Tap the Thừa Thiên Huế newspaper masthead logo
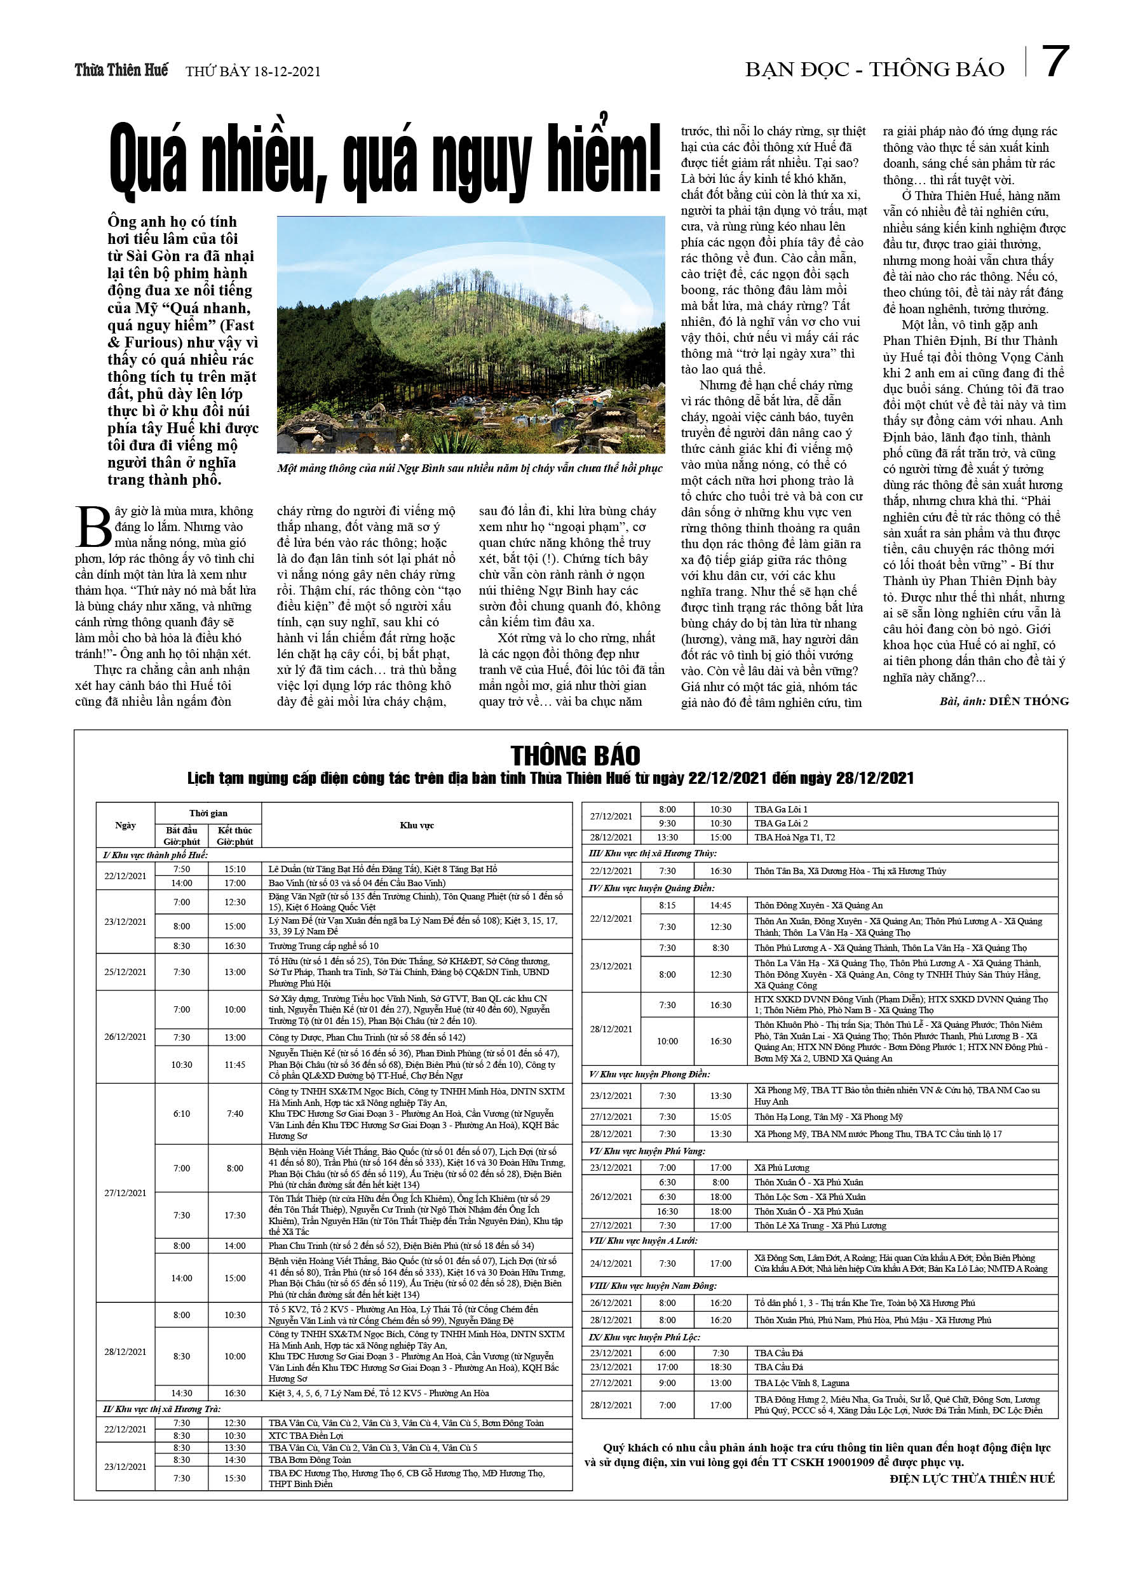pos(121,70)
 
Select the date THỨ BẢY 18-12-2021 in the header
pos(253,72)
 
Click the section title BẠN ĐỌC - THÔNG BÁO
pos(874,69)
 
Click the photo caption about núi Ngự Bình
pos(470,468)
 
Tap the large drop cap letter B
pos(93,527)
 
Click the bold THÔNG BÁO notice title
pos(575,755)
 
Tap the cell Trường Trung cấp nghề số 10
pos(324,946)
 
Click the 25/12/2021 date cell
pos(125,971)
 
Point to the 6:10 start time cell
pos(182,1113)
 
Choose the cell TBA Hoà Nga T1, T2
pos(795,837)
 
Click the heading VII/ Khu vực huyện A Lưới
pos(643,1241)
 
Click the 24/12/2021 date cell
pos(611,1263)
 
